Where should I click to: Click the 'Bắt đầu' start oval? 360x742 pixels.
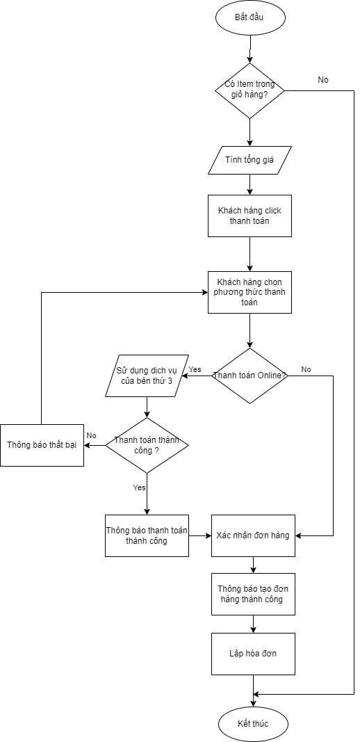click(249, 17)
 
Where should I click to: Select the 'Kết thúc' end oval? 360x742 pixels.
click(252, 723)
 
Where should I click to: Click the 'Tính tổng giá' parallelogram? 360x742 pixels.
click(249, 160)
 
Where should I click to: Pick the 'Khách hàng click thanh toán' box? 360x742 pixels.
click(249, 216)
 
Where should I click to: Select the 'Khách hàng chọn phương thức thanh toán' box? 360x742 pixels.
click(249, 292)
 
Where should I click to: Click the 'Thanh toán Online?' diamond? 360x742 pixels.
click(249, 376)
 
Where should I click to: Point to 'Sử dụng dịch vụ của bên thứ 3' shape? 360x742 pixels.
click(147, 376)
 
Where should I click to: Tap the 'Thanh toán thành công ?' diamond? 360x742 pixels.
click(147, 445)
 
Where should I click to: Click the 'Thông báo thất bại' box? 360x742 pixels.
click(42, 445)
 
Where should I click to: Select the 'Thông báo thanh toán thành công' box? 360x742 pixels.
click(147, 535)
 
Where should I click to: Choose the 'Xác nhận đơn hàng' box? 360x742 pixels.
click(253, 535)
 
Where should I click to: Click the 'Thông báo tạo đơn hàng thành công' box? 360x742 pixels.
click(253, 594)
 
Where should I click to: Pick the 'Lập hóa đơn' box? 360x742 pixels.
click(253, 654)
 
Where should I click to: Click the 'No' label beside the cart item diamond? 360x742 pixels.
click(323, 80)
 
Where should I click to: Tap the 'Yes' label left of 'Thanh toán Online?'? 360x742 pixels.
click(195, 369)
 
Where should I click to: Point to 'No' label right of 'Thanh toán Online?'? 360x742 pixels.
click(306, 369)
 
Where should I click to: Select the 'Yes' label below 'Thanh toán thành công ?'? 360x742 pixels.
click(139, 487)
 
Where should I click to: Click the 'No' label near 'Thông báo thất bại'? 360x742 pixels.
click(91, 435)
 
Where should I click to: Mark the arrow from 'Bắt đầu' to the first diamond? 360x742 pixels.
click(249, 49)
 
